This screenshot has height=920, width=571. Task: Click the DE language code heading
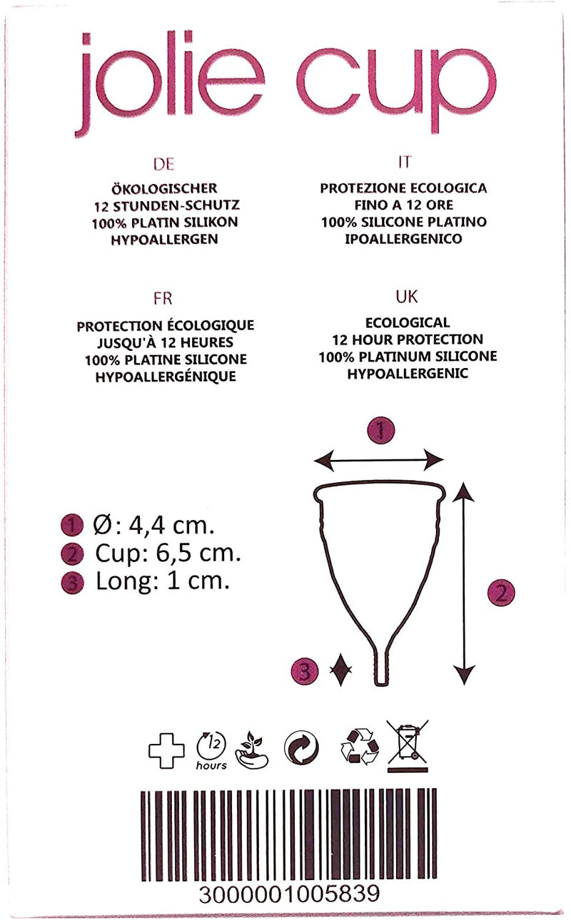tap(163, 164)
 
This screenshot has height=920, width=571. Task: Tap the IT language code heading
tap(405, 162)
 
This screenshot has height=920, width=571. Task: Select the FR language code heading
tap(163, 299)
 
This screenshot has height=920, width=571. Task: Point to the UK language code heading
tap(407, 297)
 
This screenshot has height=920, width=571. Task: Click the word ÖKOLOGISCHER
tap(164, 188)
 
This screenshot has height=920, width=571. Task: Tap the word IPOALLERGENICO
tap(403, 239)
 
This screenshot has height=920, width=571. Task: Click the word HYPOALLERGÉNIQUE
tap(166, 377)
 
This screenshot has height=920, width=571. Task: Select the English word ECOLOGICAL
tap(408, 322)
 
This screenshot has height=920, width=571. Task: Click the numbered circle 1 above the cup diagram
tap(380, 431)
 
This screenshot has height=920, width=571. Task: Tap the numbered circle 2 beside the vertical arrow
tap(501, 593)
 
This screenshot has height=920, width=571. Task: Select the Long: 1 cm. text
tap(163, 581)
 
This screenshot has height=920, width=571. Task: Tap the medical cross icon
tap(166, 750)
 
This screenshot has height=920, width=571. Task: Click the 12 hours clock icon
tap(211, 750)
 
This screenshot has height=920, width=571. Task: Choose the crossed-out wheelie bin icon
tap(408, 746)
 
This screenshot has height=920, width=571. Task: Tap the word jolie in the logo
tap(169, 84)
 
